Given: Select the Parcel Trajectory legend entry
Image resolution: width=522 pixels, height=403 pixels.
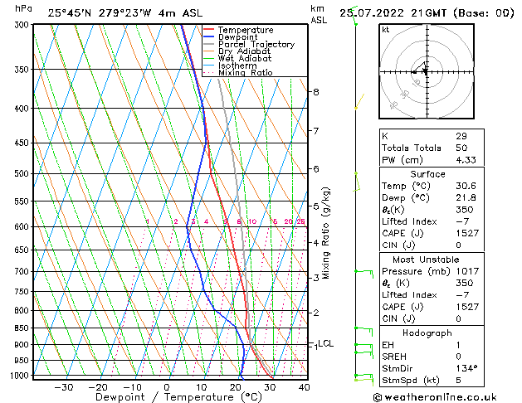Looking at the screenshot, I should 256,45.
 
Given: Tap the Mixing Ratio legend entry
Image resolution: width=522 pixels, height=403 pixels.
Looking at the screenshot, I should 245,73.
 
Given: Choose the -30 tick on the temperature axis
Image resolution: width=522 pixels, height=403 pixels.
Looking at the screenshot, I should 64,387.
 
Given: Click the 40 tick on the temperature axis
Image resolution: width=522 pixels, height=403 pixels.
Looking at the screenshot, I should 305,387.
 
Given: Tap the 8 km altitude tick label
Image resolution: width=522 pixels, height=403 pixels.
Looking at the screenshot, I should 316,91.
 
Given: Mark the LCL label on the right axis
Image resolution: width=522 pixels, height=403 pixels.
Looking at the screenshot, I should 325,343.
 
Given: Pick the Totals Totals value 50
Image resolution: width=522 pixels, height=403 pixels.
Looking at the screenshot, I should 461,148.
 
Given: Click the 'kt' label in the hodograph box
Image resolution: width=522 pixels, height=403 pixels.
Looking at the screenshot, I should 385,30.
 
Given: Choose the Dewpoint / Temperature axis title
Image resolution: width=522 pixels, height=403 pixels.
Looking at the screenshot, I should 171,398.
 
